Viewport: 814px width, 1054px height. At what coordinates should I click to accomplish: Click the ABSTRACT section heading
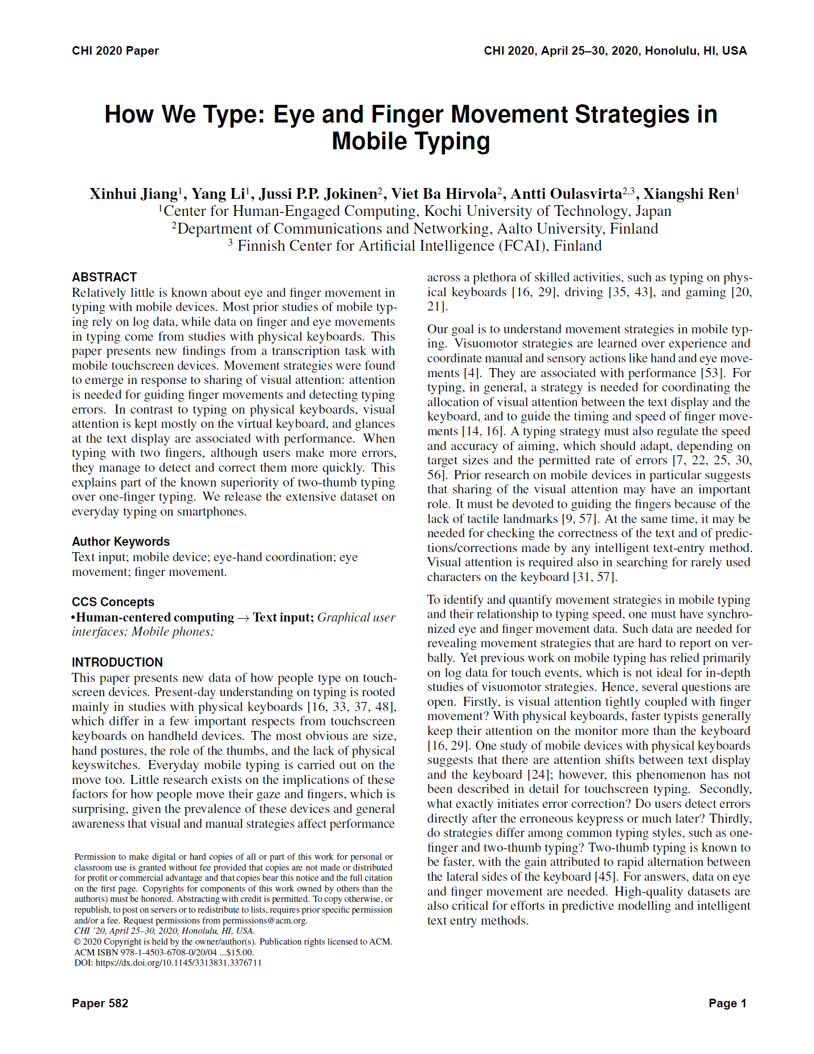[x=104, y=277]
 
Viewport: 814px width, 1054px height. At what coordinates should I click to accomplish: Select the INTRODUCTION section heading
[x=117, y=662]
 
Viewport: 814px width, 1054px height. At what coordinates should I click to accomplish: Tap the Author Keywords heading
[x=121, y=541]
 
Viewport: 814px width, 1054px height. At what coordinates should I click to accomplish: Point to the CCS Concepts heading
[x=113, y=602]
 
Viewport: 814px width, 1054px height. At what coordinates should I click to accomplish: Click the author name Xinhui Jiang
[x=133, y=194]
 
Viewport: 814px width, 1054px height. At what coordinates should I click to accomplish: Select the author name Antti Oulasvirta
[x=566, y=194]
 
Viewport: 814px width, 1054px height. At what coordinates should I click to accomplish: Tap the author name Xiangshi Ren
[x=689, y=194]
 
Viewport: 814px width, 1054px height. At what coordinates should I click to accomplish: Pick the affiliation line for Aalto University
[x=415, y=229]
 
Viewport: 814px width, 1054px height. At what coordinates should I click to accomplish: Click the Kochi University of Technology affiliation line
[x=415, y=211]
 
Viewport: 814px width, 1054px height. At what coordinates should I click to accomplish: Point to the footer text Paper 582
[x=100, y=1003]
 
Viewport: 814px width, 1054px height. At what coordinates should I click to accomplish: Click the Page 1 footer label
[x=727, y=1003]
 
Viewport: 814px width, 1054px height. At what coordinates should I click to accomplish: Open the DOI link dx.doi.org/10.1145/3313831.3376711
[x=178, y=963]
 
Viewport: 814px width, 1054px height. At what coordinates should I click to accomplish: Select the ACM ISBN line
[x=164, y=953]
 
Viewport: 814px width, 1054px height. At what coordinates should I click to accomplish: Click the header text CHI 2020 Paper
[x=115, y=51]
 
